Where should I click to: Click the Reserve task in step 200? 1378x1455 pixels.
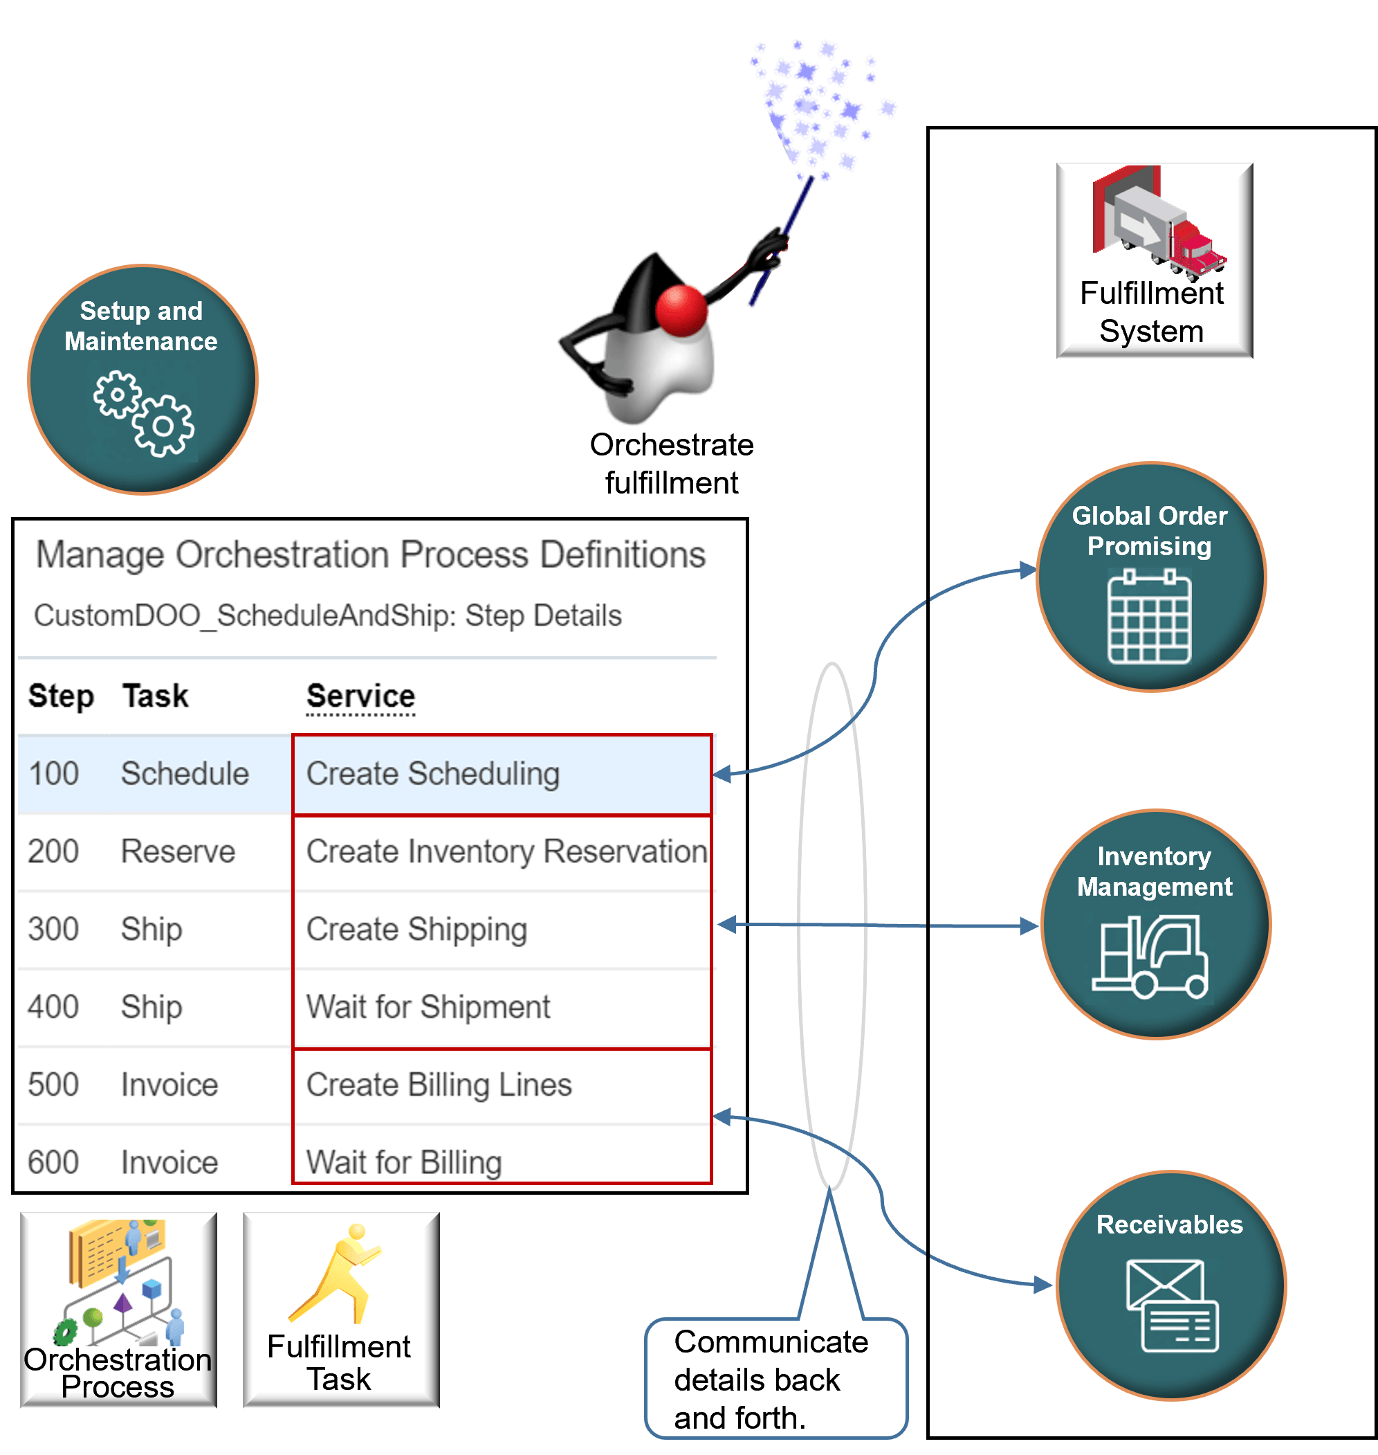click(178, 851)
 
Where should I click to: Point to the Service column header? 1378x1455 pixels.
click(360, 696)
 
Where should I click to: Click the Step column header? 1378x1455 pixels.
click(61, 696)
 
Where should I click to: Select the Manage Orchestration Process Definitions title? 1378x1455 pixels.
click(371, 555)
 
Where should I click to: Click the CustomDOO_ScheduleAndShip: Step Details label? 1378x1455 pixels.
click(328, 615)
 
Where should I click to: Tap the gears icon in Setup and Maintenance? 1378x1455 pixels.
click(144, 414)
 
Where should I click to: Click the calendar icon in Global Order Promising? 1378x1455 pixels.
click(1149, 619)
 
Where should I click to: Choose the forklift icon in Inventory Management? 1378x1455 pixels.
click(1151, 955)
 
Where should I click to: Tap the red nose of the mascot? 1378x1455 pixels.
click(681, 310)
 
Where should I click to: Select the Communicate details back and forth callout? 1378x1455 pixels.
click(775, 1379)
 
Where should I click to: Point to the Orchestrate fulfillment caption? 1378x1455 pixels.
click(672, 464)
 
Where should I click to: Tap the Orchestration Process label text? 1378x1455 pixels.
click(118, 1373)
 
